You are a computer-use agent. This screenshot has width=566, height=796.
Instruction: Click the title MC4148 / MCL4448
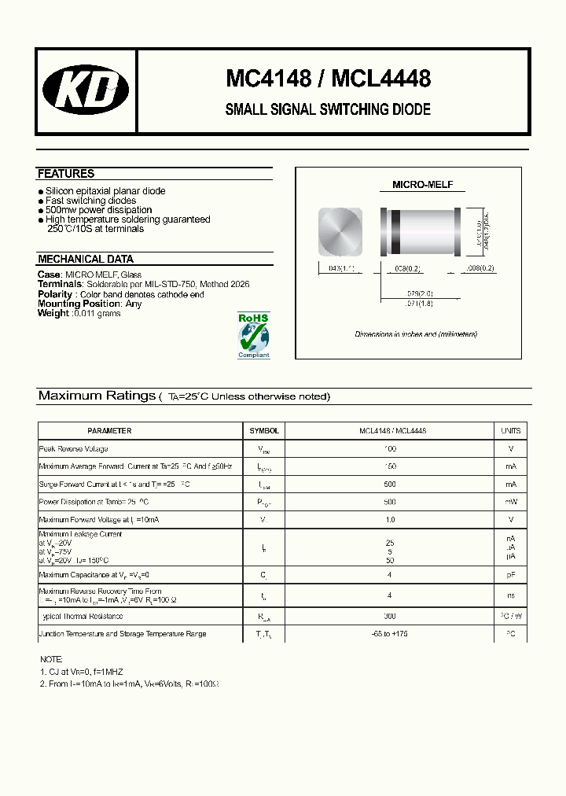328,79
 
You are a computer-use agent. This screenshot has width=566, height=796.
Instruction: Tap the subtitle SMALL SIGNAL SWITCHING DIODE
328,110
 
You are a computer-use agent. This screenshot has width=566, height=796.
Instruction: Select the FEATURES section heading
66,174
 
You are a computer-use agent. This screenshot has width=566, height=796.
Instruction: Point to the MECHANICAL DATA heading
86,259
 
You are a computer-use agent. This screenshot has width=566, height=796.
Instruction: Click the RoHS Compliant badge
253,335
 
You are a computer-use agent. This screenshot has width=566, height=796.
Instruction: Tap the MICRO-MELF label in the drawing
422,186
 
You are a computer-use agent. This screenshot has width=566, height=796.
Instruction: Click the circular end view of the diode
340,231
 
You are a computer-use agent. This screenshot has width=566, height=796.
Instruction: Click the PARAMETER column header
109,431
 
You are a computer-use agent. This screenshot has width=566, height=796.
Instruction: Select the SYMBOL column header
264,431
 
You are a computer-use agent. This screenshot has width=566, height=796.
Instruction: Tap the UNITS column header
511,431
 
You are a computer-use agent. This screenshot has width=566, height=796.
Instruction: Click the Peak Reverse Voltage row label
74,449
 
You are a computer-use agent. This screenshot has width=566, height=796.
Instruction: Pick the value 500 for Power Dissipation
390,502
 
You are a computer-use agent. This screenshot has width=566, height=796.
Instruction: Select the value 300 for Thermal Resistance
390,616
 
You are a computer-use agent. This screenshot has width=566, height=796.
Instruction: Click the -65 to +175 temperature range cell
390,634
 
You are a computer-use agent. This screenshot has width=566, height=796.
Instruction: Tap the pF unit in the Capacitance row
511,576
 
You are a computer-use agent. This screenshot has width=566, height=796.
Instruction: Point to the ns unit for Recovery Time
511,596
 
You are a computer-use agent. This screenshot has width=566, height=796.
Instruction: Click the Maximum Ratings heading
97,396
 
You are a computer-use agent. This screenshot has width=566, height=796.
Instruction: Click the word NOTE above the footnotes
51,659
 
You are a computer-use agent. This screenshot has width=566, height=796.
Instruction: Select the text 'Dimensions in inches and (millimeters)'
416,334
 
